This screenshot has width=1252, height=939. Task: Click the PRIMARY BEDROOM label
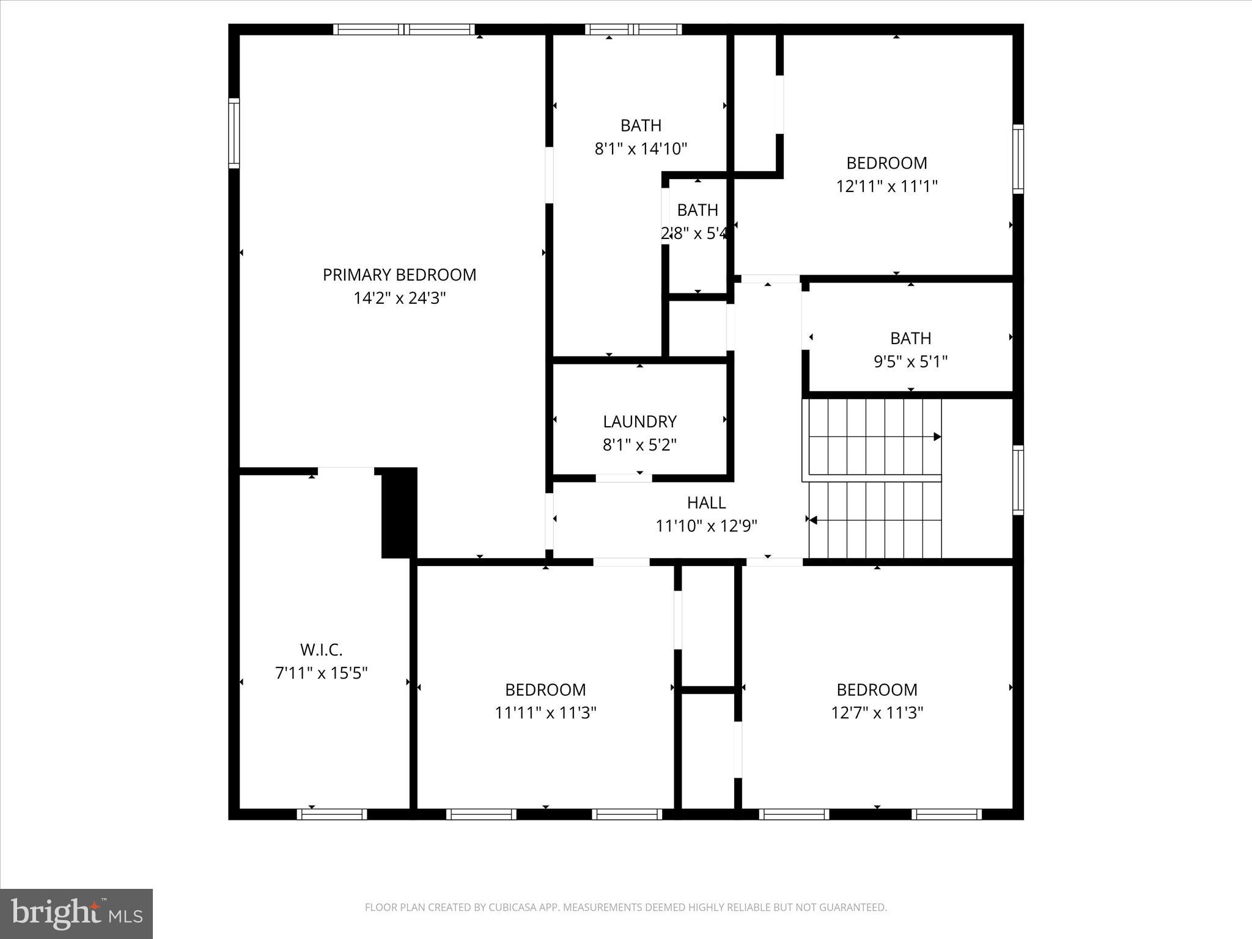(399, 275)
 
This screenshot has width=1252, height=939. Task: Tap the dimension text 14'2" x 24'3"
(399, 298)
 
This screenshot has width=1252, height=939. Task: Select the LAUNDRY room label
(639, 422)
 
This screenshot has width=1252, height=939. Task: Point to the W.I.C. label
(321, 649)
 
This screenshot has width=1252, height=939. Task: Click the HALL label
(706, 503)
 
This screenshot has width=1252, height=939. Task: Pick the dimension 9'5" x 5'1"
(910, 362)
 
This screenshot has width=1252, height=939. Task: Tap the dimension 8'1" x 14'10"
(641, 149)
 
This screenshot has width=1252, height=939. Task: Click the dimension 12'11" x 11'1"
(886, 186)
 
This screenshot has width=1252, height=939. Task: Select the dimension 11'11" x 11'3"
(545, 713)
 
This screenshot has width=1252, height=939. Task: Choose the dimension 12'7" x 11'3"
(877, 713)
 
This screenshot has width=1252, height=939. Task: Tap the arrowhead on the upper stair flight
(937, 436)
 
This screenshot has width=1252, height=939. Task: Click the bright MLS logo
(76, 913)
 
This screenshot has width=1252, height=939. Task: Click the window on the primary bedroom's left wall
(234, 133)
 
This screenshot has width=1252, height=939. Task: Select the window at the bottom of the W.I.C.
(332, 814)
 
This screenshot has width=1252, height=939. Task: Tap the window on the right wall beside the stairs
(1018, 480)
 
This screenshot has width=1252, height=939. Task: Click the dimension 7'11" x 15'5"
(321, 673)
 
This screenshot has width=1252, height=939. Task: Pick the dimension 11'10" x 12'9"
(706, 526)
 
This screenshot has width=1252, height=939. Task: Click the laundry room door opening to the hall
(624, 478)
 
